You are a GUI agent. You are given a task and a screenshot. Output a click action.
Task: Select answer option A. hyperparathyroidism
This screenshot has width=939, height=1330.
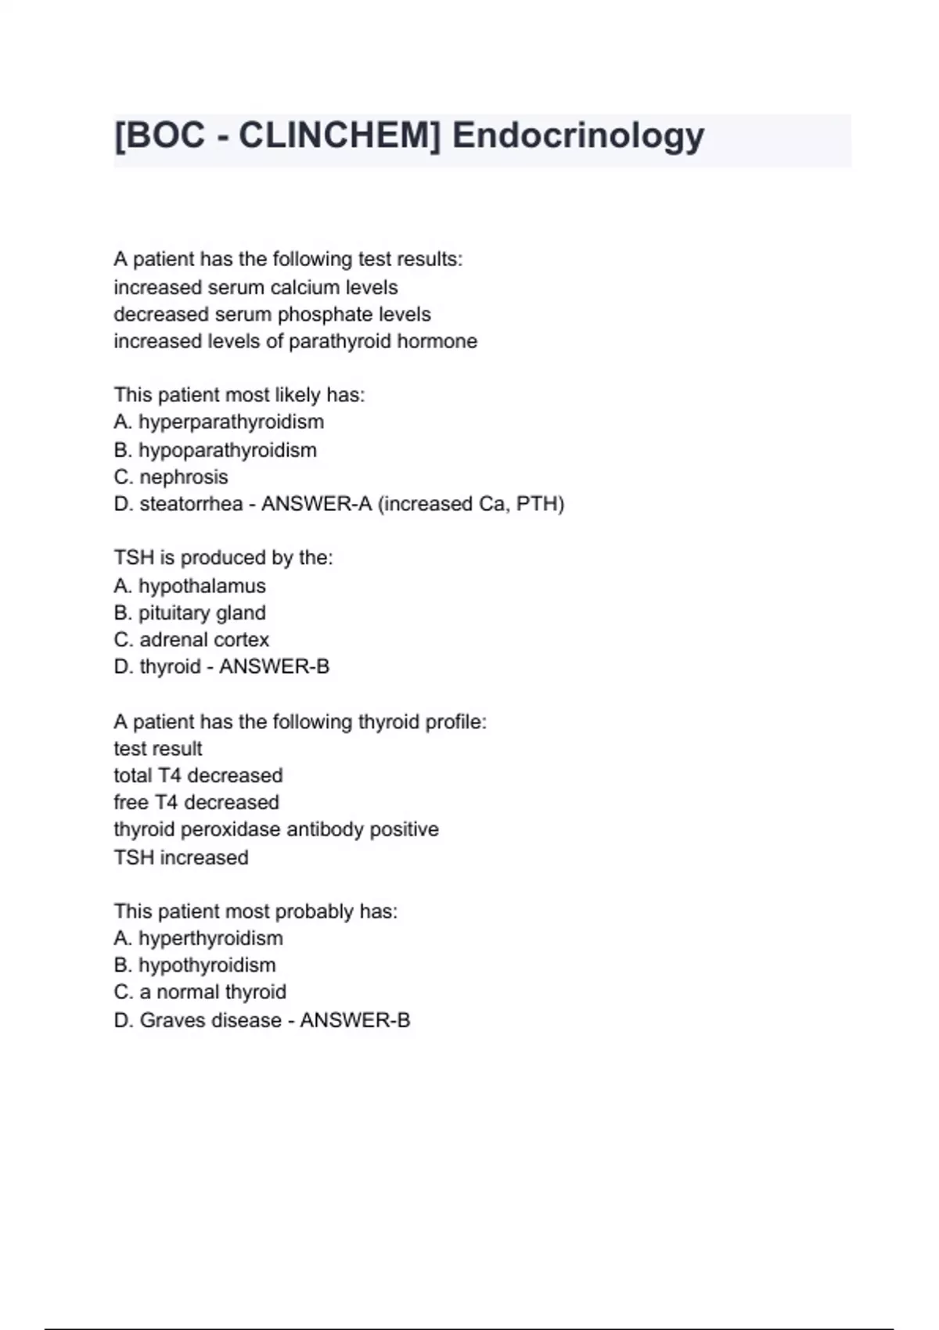pyautogui.click(x=218, y=422)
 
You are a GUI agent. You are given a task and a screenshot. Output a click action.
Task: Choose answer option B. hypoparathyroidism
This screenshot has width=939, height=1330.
pyautogui.click(x=215, y=451)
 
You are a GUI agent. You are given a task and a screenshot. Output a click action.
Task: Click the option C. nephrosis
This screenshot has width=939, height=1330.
pyautogui.click(x=171, y=477)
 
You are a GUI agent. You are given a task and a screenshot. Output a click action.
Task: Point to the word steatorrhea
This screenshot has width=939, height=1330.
pyautogui.click(x=191, y=505)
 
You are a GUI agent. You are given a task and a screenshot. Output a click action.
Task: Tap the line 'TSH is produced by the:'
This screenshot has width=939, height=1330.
pyautogui.click(x=223, y=558)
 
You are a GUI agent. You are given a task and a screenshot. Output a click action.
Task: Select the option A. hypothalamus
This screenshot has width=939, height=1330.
pyautogui.click(x=189, y=586)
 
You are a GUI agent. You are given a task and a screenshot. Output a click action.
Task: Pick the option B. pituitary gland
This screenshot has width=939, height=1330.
pyautogui.click(x=189, y=613)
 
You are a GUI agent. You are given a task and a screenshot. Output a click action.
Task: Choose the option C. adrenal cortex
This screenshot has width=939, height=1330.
pyautogui.click(x=191, y=640)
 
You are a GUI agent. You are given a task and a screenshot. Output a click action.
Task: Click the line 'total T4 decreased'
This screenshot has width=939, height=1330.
pyautogui.click(x=198, y=775)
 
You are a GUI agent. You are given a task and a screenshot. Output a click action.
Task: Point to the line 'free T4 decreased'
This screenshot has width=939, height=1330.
pyautogui.click(x=196, y=803)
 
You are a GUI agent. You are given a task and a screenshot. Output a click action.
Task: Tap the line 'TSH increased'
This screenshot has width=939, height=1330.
pyautogui.click(x=181, y=857)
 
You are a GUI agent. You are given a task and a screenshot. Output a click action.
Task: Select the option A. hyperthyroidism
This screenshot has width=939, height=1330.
pyautogui.click(x=198, y=938)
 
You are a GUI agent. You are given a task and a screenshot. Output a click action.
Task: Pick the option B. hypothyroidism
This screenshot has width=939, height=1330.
pyautogui.click(x=194, y=965)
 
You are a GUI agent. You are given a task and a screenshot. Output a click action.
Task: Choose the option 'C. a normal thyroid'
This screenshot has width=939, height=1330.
pyautogui.click(x=200, y=992)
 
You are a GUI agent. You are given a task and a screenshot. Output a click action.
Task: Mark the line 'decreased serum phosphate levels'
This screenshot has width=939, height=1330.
pyautogui.click(x=272, y=315)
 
